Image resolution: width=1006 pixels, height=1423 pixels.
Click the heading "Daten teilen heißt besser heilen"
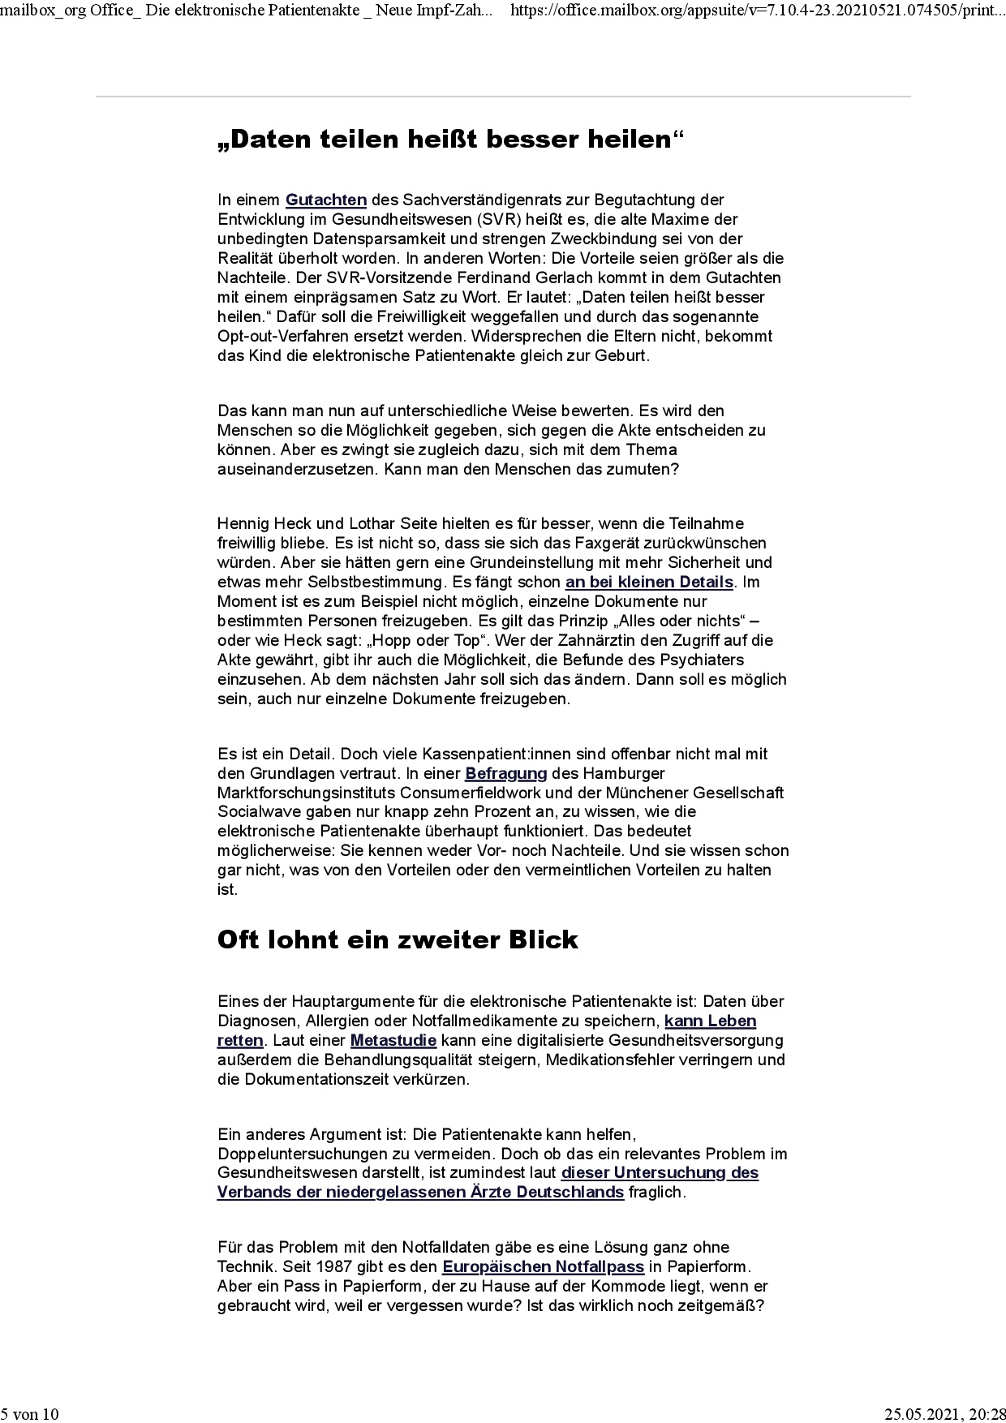451,140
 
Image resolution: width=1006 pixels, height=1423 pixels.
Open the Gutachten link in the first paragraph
326,200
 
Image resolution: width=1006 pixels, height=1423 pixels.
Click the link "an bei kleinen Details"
649,582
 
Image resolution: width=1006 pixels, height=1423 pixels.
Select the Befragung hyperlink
506,773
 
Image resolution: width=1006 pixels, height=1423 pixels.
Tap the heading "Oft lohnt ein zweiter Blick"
398,939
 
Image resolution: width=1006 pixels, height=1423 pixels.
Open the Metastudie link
393,1040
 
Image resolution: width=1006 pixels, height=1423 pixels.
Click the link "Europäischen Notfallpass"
543,1266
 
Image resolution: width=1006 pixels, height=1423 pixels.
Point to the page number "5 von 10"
30,1414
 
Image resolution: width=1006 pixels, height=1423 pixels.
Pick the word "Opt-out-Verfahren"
277,336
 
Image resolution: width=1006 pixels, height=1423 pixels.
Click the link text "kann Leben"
710,1021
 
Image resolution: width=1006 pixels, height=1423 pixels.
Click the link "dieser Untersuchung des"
660,1172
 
